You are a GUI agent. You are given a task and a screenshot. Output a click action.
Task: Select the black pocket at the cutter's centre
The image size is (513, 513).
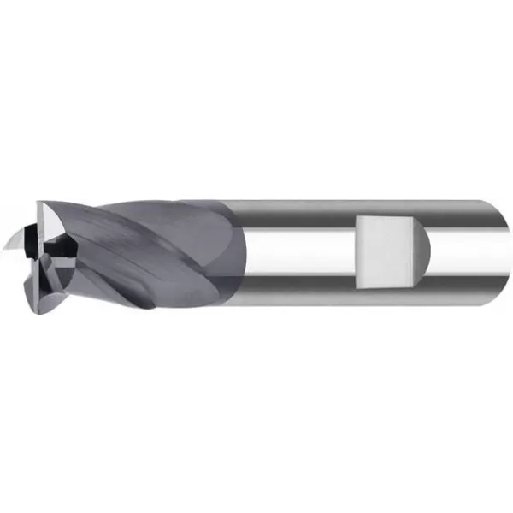(x=53, y=248)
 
